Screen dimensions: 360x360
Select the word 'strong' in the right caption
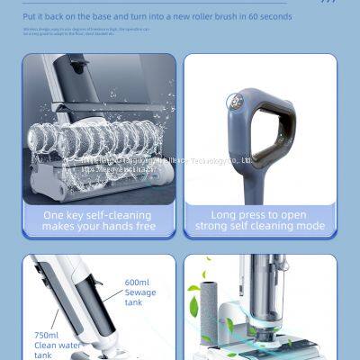212,227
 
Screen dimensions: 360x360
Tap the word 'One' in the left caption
57,215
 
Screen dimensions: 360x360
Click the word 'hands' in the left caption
117,227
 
